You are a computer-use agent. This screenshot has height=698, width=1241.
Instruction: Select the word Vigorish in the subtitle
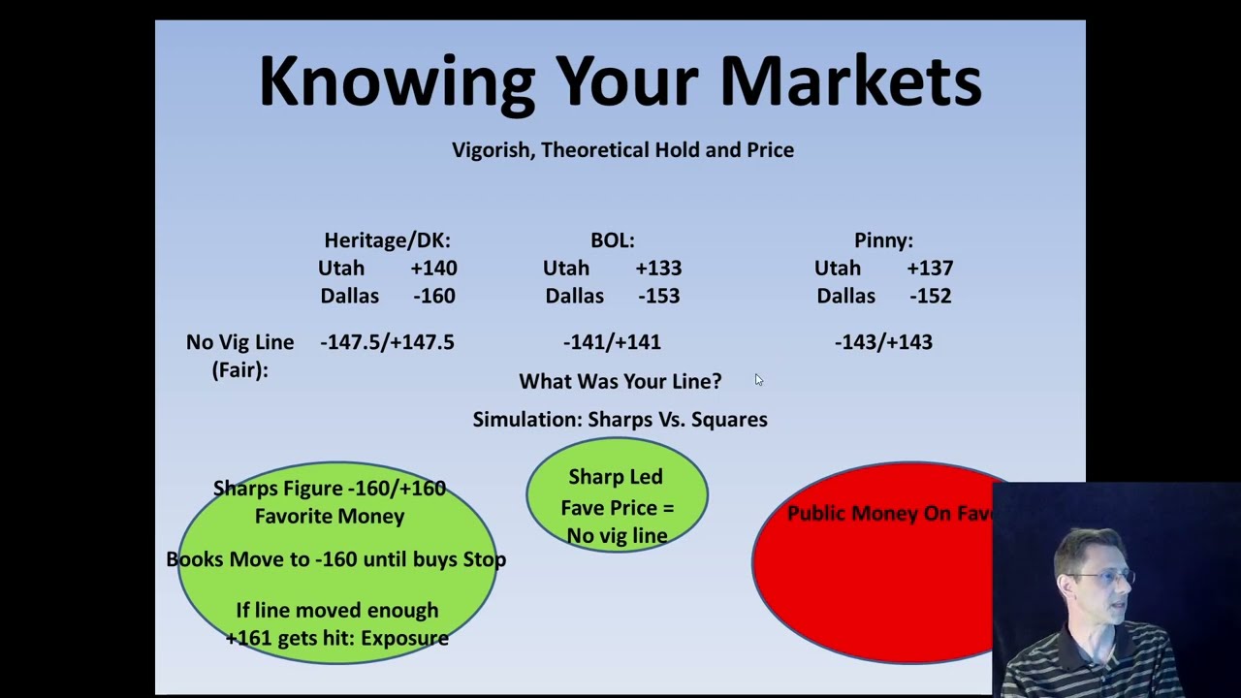(493, 150)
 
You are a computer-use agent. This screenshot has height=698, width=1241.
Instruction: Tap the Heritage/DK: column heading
(387, 240)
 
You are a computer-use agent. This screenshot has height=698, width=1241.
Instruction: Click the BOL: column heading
(612, 240)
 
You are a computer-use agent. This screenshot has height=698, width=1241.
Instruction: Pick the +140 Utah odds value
(433, 269)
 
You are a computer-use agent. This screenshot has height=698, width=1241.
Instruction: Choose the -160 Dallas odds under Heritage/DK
(434, 296)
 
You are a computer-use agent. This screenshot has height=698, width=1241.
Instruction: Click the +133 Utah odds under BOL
(658, 269)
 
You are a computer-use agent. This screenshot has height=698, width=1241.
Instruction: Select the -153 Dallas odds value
(658, 296)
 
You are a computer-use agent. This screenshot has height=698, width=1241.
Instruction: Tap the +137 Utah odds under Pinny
(930, 269)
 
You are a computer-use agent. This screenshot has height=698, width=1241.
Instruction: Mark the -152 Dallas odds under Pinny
(930, 296)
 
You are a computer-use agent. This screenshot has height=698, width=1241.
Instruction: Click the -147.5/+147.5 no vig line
(387, 342)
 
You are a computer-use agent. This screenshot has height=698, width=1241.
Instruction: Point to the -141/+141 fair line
(612, 342)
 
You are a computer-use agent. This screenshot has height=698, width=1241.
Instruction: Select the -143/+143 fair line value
(883, 342)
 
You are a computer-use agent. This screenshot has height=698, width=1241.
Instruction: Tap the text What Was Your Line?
(620, 381)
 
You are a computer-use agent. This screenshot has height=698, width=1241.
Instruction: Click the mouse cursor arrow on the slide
(758, 379)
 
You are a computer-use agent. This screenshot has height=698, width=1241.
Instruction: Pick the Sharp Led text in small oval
(616, 477)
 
